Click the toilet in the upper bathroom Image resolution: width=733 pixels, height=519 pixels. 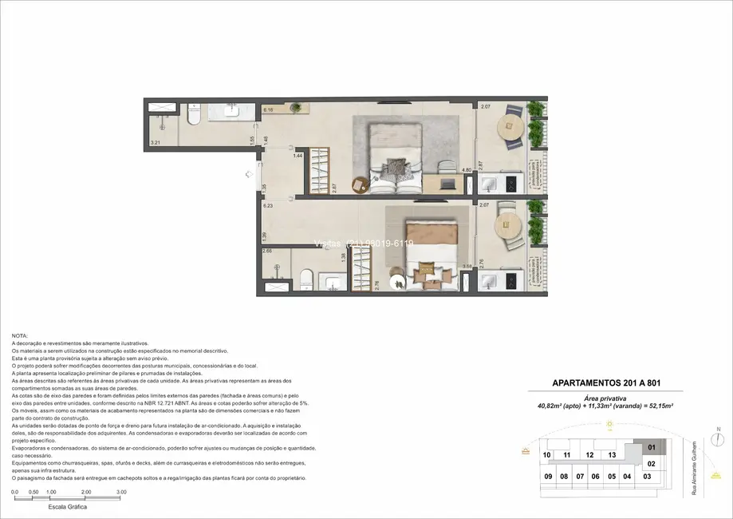(x=193, y=117)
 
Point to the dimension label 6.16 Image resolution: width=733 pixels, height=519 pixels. (x=269, y=110)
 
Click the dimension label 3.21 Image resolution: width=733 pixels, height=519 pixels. (x=156, y=143)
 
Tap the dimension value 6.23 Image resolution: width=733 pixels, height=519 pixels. (x=268, y=205)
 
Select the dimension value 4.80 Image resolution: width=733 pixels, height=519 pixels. (x=468, y=169)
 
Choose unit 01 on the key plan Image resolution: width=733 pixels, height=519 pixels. (x=651, y=448)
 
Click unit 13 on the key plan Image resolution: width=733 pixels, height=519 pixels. (x=611, y=455)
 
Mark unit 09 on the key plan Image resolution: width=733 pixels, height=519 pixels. (x=547, y=477)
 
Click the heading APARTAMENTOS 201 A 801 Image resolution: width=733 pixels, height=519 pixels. (x=606, y=382)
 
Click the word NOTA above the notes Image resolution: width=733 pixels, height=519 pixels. (x=20, y=335)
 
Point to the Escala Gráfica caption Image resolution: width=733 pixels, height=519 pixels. (x=68, y=507)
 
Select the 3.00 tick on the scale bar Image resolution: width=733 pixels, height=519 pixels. (x=121, y=492)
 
